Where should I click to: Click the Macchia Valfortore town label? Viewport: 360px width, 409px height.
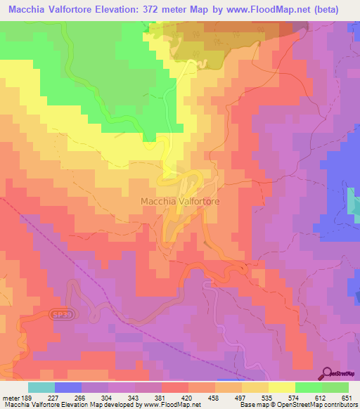180,201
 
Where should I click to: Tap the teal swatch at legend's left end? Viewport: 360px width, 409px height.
41,387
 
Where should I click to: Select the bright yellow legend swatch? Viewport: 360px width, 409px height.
281,387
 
